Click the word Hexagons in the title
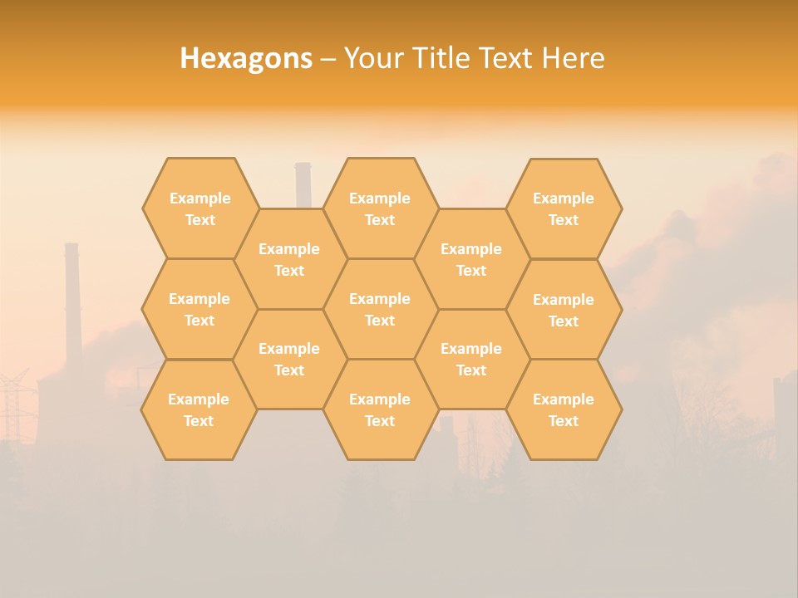point(246,58)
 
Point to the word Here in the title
point(573,58)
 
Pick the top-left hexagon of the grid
point(199,208)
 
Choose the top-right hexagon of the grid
point(564,208)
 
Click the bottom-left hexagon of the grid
point(199,409)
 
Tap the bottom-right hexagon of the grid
point(564,409)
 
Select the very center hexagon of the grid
point(380,309)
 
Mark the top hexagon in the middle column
point(380,208)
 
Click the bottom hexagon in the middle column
point(380,409)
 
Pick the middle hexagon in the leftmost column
point(199,309)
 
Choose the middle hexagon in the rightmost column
point(564,310)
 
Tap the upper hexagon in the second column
point(289,259)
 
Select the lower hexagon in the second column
point(289,359)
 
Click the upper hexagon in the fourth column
point(471,259)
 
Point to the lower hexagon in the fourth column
point(471,359)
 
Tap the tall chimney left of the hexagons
point(72,299)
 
